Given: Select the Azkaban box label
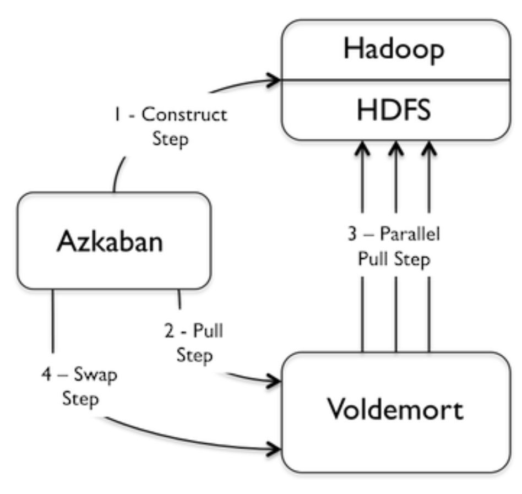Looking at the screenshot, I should click(110, 242).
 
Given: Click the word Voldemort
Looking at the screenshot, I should click(395, 410).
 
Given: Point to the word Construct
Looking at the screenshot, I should click(184, 115).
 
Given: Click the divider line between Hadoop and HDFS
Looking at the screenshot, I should click(394, 80).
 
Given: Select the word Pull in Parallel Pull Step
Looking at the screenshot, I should click(370, 258).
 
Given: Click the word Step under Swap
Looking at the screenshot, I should click(81, 399).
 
